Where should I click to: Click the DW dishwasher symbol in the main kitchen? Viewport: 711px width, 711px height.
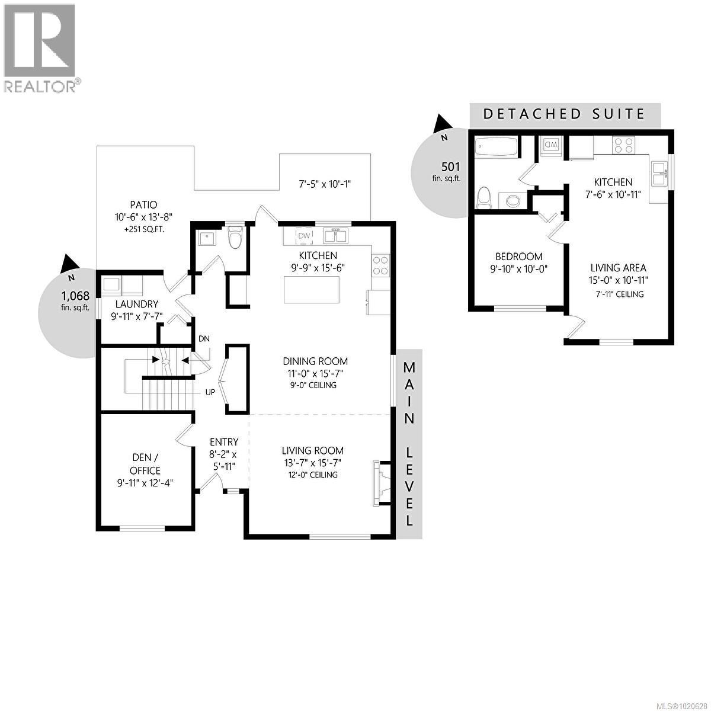304,236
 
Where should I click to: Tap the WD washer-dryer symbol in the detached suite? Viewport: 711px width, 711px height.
550,145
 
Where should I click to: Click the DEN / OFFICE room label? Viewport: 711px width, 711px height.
146,464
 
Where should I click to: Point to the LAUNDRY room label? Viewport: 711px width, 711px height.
137,304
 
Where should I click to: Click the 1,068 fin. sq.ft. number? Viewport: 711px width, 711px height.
75,295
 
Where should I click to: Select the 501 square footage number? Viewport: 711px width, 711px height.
450,166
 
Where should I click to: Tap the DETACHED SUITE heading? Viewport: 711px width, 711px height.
564,114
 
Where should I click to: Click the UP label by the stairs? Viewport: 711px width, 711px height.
210,392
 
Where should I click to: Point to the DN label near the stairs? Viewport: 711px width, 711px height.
204,339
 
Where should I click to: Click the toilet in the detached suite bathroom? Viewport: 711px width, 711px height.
484,197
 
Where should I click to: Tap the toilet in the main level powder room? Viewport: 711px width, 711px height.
236,238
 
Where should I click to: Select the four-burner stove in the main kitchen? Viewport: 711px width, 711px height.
381,265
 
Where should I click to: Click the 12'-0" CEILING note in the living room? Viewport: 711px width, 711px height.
312,475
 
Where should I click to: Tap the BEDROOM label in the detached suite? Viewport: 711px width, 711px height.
519,257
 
